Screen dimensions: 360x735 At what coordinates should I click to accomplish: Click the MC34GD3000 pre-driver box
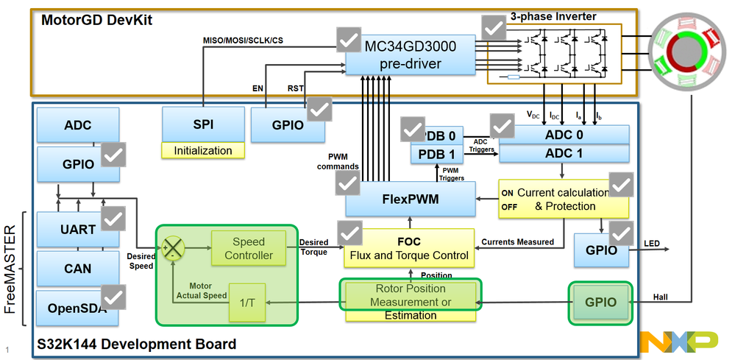point(410,54)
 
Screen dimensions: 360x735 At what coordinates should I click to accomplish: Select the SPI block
point(202,124)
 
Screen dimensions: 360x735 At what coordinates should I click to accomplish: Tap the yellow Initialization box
point(202,151)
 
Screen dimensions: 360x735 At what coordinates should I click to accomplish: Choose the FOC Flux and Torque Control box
point(409,248)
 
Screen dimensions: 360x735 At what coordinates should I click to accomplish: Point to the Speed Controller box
point(248,249)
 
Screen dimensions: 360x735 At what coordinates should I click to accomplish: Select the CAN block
point(77,269)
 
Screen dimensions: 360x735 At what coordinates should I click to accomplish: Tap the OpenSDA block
point(77,308)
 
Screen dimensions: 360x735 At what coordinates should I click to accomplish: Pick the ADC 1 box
point(564,153)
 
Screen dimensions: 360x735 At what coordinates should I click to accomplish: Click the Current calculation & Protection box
point(564,199)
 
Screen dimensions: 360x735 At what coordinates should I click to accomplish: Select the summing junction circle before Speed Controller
point(174,249)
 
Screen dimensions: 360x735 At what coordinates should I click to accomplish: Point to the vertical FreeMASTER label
point(10,268)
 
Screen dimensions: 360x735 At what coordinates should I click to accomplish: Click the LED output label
point(652,244)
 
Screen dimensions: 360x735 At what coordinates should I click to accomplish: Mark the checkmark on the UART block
point(113,219)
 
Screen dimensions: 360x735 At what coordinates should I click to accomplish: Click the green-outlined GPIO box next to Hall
point(600,302)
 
